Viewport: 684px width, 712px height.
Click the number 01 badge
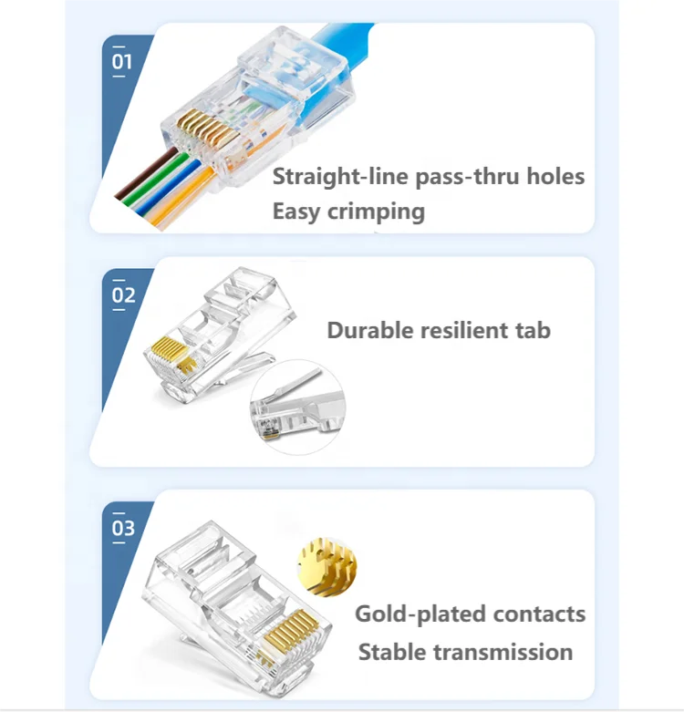pos(122,62)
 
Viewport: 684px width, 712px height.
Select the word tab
pos(533,330)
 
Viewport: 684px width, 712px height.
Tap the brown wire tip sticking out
pos(122,192)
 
